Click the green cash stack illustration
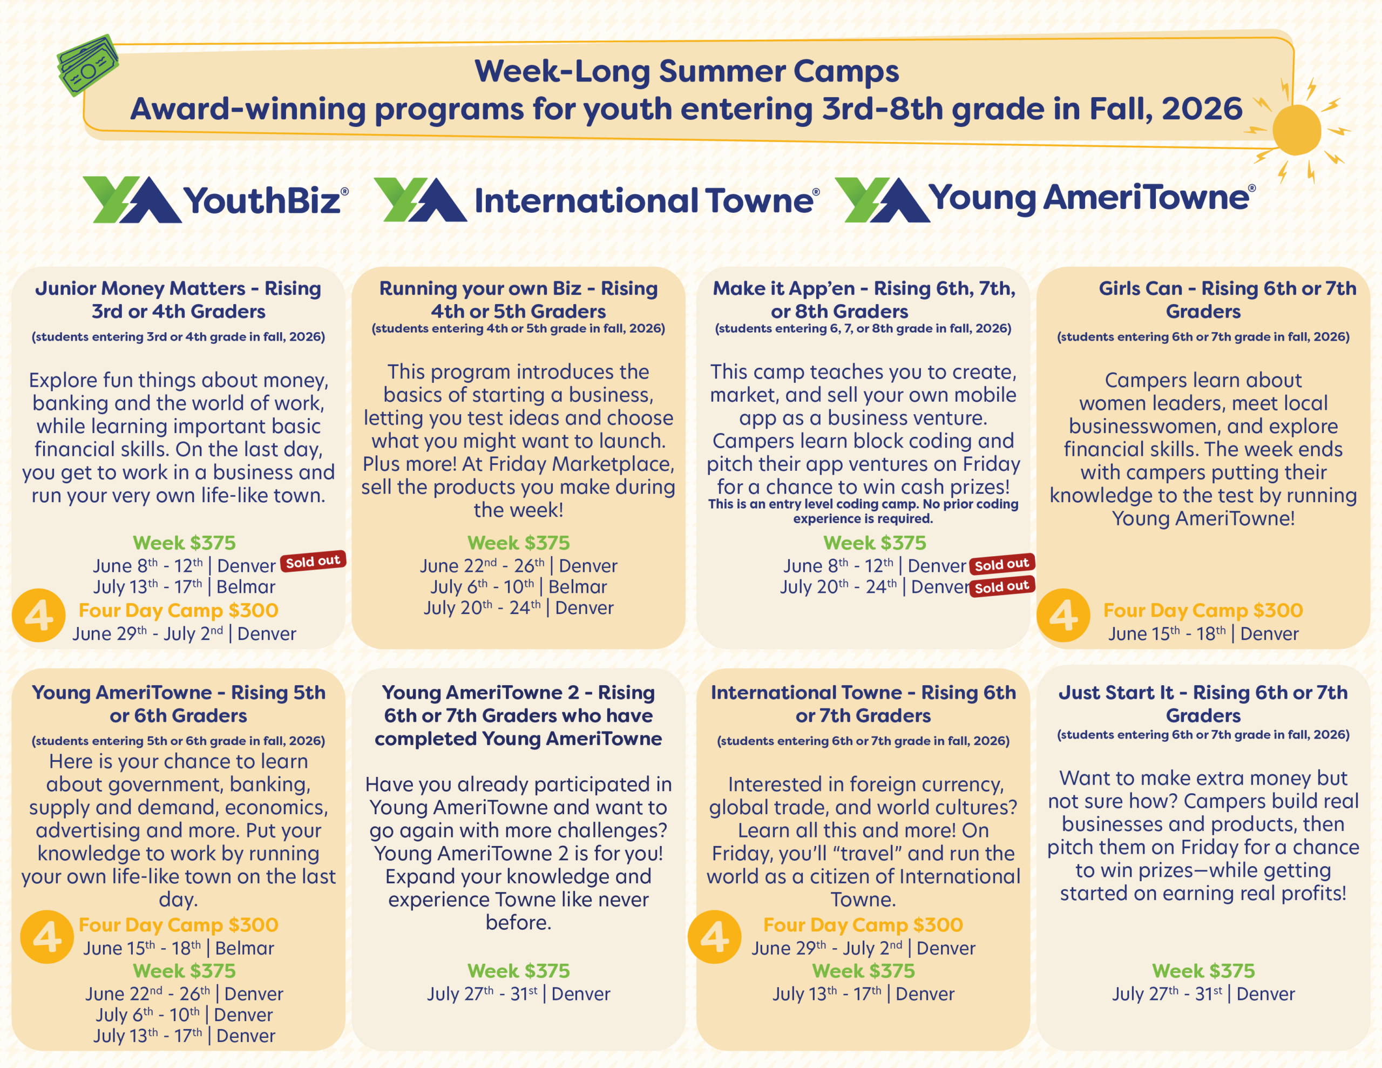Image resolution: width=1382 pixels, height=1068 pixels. pos(87,65)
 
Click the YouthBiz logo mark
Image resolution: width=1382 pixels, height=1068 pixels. pos(132,199)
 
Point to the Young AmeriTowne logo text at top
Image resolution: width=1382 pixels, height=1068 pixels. pos(1092,198)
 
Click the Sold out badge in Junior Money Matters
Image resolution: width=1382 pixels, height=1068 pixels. pos(313,561)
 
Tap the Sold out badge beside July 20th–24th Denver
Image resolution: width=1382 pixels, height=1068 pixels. pos(1002,587)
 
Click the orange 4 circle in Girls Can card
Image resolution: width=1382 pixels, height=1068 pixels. pos(1063,616)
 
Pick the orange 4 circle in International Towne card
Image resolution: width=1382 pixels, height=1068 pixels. pos(714,937)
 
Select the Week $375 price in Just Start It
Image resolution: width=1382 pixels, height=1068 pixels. pos(1203,970)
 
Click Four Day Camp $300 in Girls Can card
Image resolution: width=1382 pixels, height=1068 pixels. pos(1203,610)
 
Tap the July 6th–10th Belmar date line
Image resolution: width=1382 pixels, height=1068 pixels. pos(518,587)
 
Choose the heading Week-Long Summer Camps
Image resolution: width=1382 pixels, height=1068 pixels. pos(687,71)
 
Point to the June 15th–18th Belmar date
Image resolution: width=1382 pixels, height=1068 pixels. pos(179,948)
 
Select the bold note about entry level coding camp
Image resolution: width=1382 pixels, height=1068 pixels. pos(863,511)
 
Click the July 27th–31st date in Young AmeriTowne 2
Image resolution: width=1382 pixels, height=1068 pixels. pos(518,993)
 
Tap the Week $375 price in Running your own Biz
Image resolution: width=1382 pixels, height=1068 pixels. pos(518,543)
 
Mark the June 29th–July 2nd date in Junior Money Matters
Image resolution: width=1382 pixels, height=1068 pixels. pos(184,633)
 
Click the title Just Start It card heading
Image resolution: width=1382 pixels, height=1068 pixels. pos(1203,704)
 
